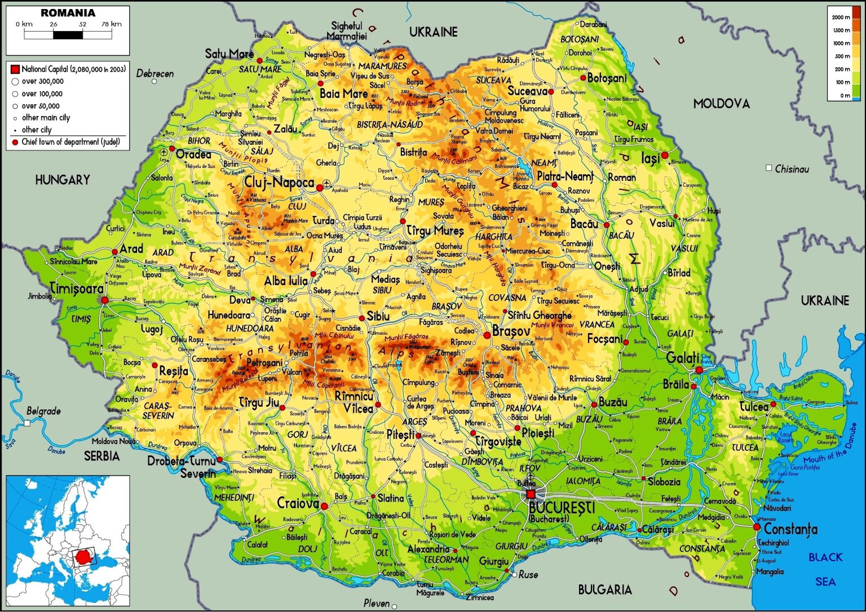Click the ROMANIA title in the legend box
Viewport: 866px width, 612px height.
[68, 12]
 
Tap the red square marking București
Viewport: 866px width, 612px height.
[531, 494]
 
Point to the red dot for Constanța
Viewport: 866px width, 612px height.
[757, 527]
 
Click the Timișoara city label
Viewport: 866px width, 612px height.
[77, 289]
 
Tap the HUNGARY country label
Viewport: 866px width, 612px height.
[63, 180]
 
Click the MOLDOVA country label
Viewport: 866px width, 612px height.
[721, 104]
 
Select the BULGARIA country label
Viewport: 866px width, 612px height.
[604, 590]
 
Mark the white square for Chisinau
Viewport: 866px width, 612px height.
[768, 168]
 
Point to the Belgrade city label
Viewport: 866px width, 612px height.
[43, 411]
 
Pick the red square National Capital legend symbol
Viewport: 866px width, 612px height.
[15, 69]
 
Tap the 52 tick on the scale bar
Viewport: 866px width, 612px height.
[82, 24]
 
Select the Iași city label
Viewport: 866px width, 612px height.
[650, 159]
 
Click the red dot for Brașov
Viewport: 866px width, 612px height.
[487, 335]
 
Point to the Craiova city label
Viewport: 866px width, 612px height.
[298, 503]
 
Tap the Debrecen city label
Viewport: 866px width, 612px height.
[155, 74]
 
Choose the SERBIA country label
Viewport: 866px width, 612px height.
[102, 456]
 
